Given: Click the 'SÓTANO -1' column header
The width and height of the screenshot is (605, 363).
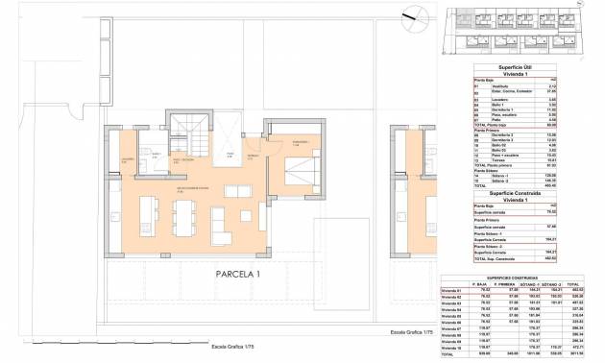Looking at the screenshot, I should (530, 284).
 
